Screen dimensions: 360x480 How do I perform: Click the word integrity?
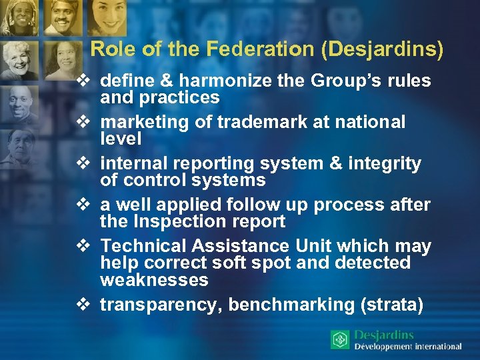pyautogui.click(x=385, y=164)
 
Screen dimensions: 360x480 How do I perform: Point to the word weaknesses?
pyautogui.click(x=154, y=280)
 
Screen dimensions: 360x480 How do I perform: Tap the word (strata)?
pyautogui.click(x=392, y=305)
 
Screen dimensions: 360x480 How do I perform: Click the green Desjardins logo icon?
pyautogui.click(x=340, y=340)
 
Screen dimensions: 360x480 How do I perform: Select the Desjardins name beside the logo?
pyautogui.click(x=384, y=335)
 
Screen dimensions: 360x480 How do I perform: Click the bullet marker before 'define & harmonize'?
pyautogui.click(x=83, y=81)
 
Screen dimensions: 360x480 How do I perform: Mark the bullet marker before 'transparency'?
pyautogui.click(x=83, y=305)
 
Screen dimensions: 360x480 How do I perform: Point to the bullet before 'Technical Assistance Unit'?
pyautogui.click(x=83, y=247)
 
